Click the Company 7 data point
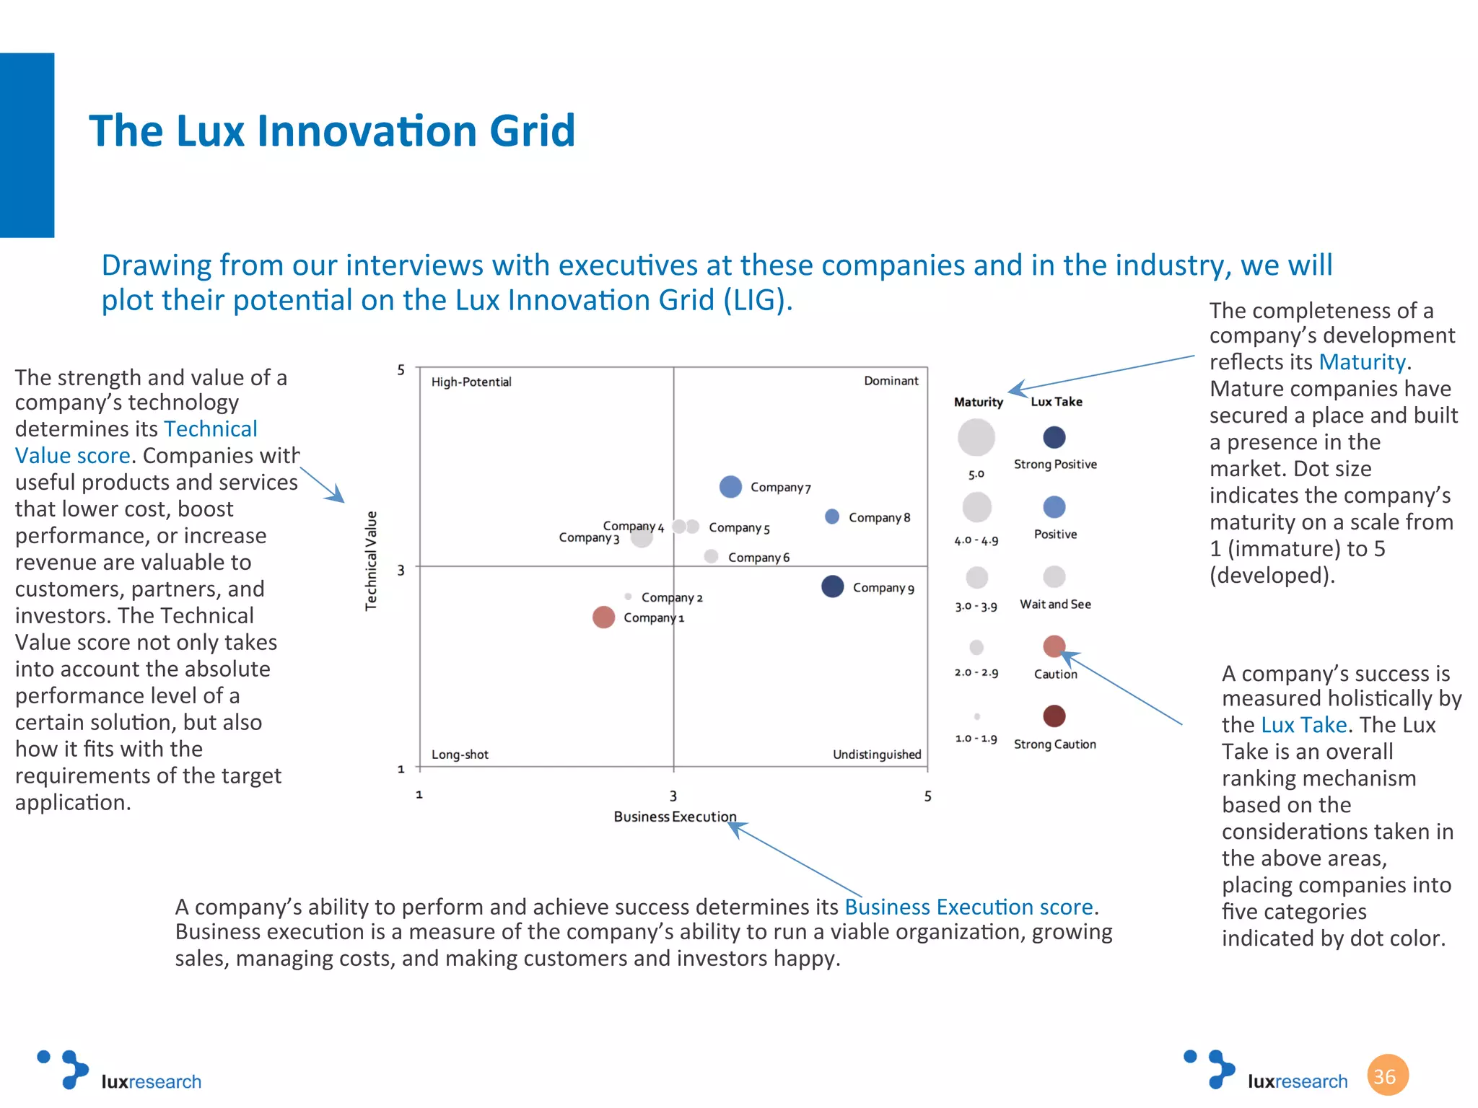point(730,487)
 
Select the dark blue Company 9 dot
point(832,586)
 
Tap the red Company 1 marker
point(603,617)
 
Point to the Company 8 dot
point(831,516)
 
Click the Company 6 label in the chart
point(758,558)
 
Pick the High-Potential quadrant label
point(471,382)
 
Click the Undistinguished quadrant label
point(876,755)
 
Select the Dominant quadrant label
point(891,381)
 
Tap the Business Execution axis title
point(674,817)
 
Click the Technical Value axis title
point(371,560)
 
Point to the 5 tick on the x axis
point(927,796)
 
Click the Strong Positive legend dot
point(1054,437)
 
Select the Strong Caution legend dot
point(1054,716)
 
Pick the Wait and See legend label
point(1054,604)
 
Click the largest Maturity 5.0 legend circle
point(976,437)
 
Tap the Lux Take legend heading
point(1056,402)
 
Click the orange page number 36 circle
point(1386,1075)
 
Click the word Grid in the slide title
point(531,131)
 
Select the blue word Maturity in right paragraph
point(1361,362)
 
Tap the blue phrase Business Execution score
point(968,907)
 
